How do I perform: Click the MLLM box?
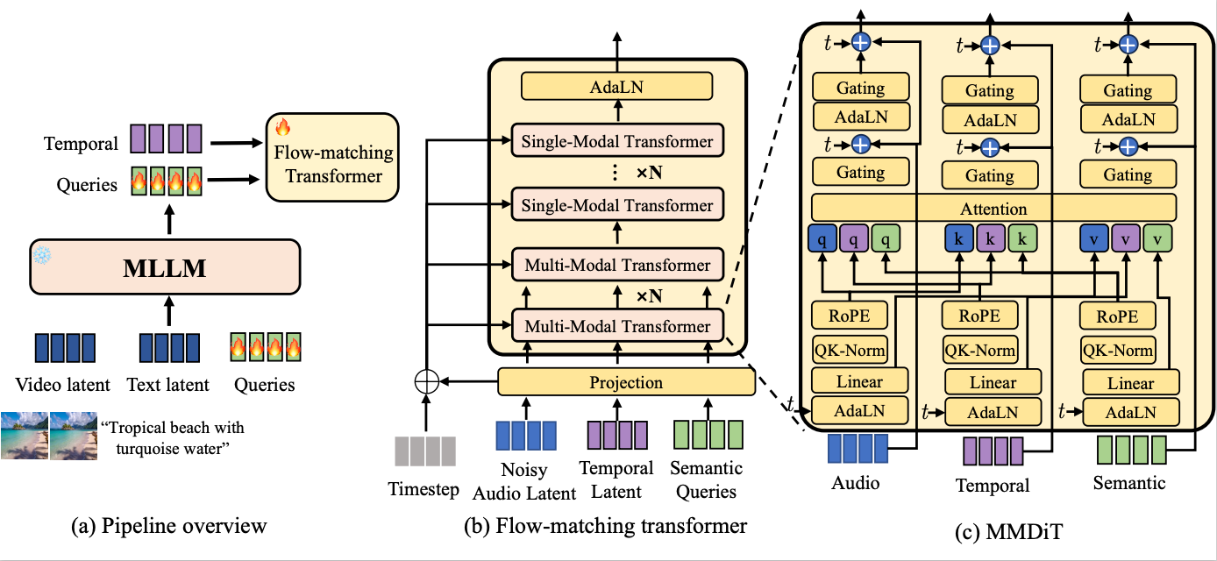165,268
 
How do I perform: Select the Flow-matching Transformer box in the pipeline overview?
331,156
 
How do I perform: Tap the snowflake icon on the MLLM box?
42,253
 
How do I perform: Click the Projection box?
626,383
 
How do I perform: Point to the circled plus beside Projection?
425,383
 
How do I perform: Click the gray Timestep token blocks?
423,451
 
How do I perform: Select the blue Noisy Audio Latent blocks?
526,436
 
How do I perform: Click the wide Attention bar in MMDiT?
993,209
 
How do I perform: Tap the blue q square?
822,239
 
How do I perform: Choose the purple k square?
989,239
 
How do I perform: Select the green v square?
1157,239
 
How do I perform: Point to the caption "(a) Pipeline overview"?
168,526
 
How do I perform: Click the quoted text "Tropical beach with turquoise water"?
173,439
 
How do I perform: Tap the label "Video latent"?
62,384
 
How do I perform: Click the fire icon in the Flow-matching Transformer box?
281,127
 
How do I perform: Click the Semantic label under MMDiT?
1129,482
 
